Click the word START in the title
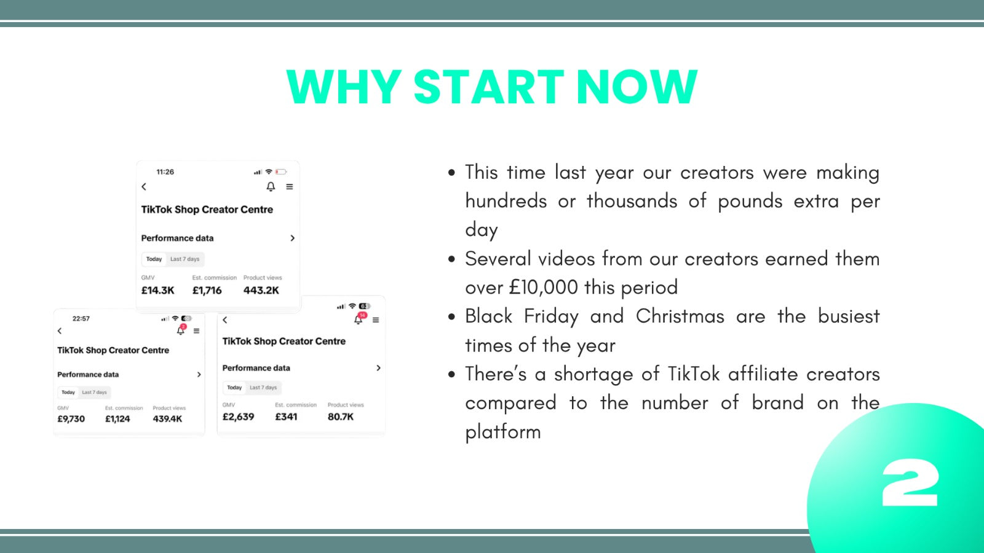click(x=488, y=87)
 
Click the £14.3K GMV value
click(x=157, y=291)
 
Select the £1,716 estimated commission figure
click(x=207, y=291)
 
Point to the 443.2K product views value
click(x=261, y=291)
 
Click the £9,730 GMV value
click(x=71, y=418)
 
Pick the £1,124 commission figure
click(x=117, y=418)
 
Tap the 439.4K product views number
click(x=167, y=418)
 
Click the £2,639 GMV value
click(x=238, y=417)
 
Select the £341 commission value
click(x=286, y=417)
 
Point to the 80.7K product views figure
click(x=341, y=417)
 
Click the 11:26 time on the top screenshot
click(x=165, y=171)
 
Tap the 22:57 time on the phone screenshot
click(x=81, y=319)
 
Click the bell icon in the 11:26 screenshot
click(x=271, y=187)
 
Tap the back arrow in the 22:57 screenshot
click(x=60, y=331)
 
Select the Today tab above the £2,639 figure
click(x=234, y=388)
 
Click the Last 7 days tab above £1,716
click(x=184, y=259)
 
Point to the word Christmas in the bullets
click(x=680, y=316)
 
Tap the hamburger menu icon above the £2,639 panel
click(x=376, y=320)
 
